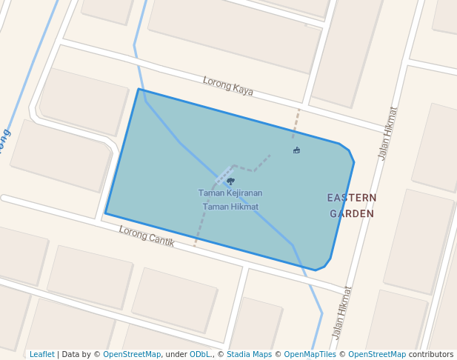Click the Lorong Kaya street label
pos(228,86)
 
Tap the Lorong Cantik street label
pos(147,236)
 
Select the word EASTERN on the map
pos(352,198)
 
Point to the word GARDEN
pos(352,213)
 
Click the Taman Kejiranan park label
pos(230,193)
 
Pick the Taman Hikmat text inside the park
pos(230,207)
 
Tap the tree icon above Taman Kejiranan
pos(230,181)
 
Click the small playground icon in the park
pos(296,150)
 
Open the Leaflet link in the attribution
pos(41,355)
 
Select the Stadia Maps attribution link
pos(249,355)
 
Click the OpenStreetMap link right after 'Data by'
pos(132,355)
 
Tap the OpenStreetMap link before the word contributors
pos(377,355)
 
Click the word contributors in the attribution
pos(431,355)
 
